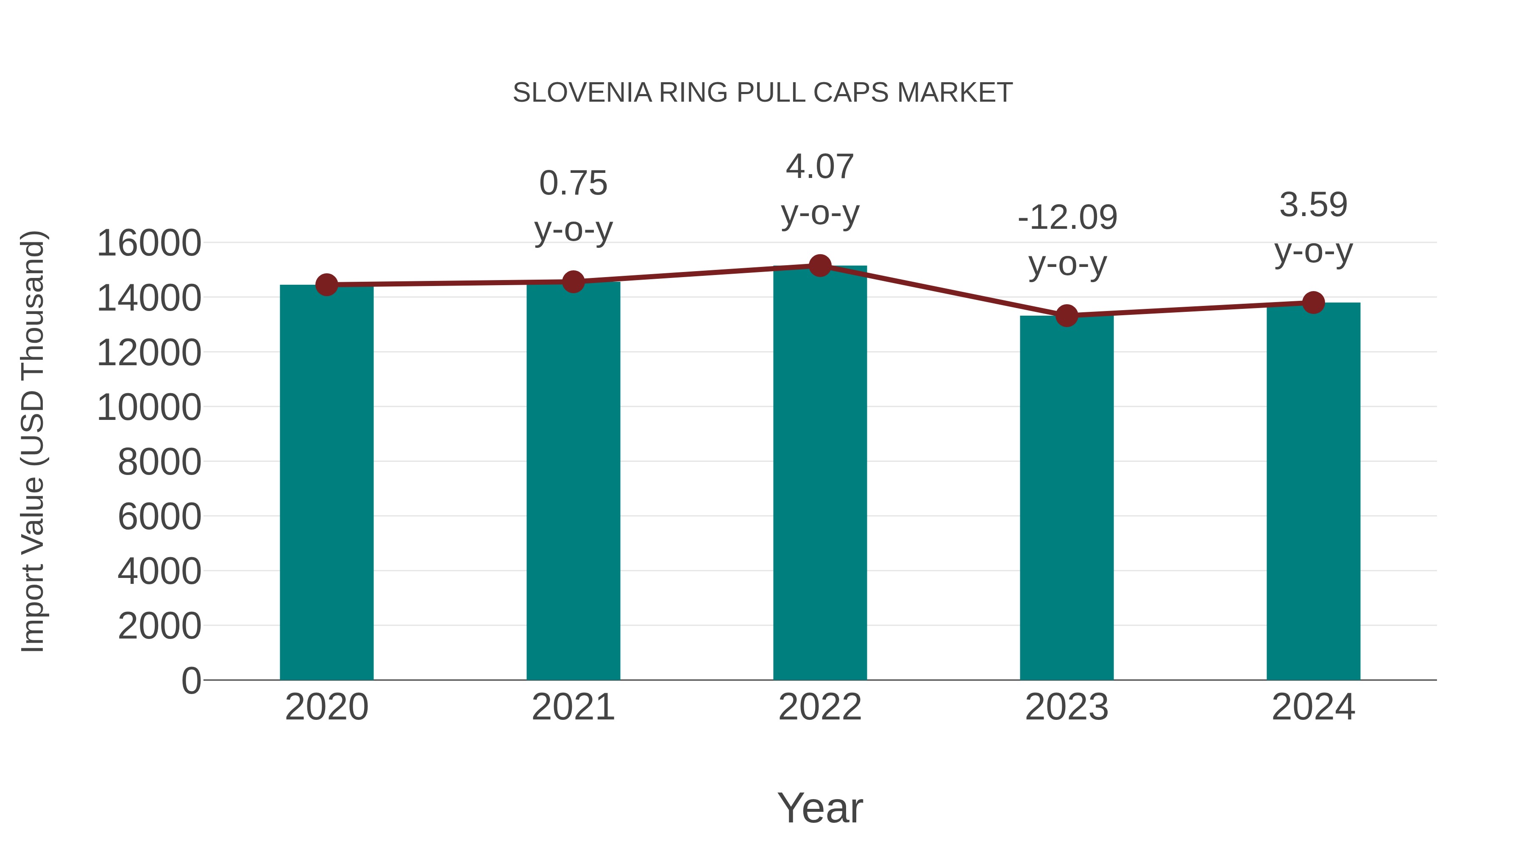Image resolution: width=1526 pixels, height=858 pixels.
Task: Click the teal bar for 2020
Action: (x=326, y=482)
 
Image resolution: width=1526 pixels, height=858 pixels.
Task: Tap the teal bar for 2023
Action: (x=1067, y=497)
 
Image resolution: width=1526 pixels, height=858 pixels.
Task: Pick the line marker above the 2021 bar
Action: (x=573, y=282)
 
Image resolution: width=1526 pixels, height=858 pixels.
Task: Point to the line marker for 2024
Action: (x=1313, y=303)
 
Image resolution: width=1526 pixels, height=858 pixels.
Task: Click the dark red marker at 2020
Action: (x=326, y=285)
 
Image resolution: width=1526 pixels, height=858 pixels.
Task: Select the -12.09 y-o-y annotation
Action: (x=1067, y=217)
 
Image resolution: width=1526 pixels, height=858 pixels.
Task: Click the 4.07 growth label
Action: (x=820, y=167)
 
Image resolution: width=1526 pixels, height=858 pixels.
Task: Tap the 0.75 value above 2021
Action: (x=573, y=183)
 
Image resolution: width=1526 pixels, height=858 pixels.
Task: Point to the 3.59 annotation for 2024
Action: (x=1313, y=205)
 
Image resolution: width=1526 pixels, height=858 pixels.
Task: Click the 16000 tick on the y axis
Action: (x=149, y=243)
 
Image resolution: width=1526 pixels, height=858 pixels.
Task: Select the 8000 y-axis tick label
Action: (x=159, y=462)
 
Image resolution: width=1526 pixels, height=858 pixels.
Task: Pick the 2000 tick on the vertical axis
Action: (x=159, y=626)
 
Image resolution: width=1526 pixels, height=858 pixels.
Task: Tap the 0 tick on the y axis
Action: (x=191, y=680)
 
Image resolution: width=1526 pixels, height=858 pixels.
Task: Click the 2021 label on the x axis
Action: (x=573, y=707)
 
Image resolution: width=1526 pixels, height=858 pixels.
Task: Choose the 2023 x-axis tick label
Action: (x=1067, y=707)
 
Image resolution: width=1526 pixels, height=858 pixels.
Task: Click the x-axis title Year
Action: (x=820, y=808)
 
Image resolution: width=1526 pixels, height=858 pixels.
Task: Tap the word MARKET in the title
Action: (x=954, y=93)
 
